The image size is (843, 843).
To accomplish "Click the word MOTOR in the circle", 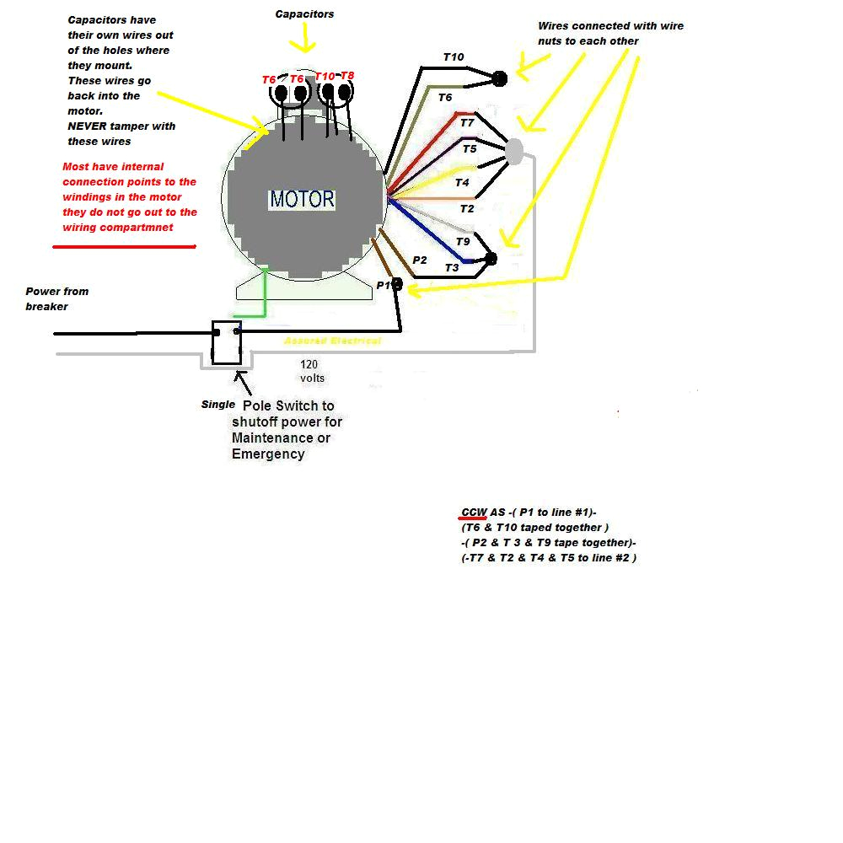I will [302, 200].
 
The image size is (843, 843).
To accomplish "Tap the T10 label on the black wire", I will [454, 57].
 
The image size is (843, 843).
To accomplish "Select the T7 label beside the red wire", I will [467, 123].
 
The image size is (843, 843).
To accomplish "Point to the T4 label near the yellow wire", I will [462, 182].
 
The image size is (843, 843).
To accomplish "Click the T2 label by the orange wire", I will [467, 208].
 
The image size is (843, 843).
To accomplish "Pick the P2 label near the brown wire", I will [419, 260].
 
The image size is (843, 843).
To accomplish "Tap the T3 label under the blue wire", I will [452, 267].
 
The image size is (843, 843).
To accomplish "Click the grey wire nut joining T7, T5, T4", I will [513, 152].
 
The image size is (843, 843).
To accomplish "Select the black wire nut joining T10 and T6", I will [499, 78].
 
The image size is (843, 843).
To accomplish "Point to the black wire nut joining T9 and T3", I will [491, 258].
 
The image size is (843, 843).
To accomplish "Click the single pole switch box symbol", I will [226, 341].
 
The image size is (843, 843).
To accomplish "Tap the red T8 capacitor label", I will [346, 76].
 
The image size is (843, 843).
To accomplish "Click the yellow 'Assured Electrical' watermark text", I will [332, 341].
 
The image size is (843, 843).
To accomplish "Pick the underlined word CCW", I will [473, 513].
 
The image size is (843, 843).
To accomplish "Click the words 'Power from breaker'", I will [56, 298].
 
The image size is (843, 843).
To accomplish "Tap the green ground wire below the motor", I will [266, 295].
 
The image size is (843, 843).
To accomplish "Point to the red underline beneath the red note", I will [124, 247].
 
